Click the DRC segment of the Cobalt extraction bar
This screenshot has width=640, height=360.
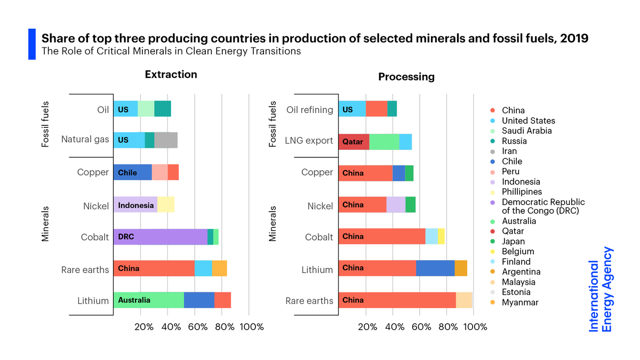[160, 237]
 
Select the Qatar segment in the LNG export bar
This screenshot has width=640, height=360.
[354, 142]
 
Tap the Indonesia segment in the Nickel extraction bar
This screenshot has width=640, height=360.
[135, 205]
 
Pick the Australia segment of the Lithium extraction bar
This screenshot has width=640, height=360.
[148, 300]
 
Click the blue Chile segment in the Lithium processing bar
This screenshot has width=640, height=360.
[435, 268]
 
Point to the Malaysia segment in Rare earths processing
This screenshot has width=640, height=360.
[464, 300]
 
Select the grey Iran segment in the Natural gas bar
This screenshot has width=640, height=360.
[166, 140]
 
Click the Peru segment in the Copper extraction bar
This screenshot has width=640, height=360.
[160, 172]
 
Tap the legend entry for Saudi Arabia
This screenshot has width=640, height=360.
[526, 131]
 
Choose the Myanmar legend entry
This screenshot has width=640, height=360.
[520, 302]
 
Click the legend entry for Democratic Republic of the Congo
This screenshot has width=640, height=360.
[543, 206]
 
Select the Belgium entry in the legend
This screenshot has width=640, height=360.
[518, 251]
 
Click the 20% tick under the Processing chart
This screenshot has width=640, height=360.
[366, 327]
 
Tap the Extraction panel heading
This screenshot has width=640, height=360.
[171, 75]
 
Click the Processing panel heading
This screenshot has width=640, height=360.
[406, 77]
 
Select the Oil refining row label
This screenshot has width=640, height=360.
[309, 110]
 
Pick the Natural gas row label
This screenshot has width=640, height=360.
[85, 140]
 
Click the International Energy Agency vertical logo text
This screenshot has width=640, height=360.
[601, 290]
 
